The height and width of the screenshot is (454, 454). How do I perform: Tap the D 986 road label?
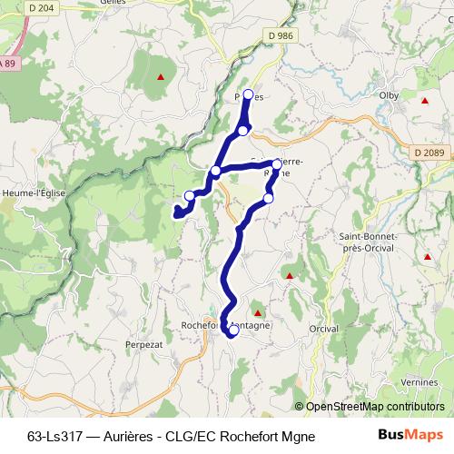(282, 35)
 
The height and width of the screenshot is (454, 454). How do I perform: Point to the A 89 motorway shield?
(7, 62)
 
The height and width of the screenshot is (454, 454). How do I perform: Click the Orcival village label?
(323, 329)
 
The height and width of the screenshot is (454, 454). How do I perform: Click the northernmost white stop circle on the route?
(248, 94)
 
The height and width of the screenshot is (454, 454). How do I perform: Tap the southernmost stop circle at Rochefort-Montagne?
(232, 331)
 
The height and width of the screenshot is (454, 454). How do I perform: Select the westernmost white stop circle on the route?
(190, 196)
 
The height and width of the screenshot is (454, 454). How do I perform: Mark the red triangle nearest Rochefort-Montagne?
(256, 313)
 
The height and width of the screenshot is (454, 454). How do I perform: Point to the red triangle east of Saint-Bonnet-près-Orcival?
(426, 258)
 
